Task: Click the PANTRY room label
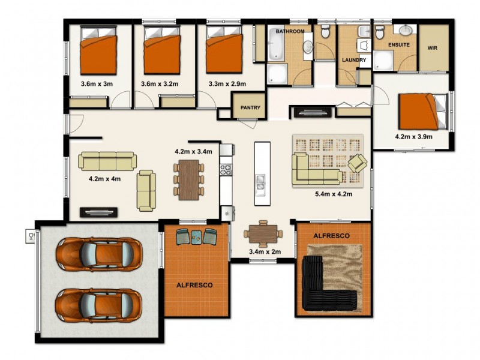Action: (250, 108)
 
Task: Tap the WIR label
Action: (433, 47)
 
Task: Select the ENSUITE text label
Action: (398, 45)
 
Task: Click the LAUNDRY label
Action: (354, 60)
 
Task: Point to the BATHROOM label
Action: (290, 31)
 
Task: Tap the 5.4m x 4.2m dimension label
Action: (333, 194)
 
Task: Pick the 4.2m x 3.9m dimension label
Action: (413, 137)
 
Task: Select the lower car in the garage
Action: (99, 305)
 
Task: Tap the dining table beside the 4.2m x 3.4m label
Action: (188, 179)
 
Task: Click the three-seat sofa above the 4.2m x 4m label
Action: (108, 161)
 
